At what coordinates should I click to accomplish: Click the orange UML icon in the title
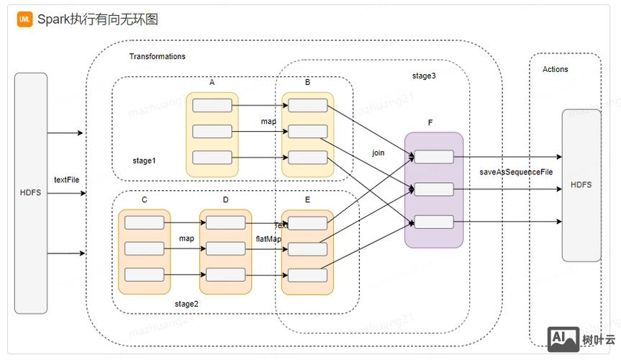tap(25, 19)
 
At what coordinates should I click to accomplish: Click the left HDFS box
tap(31, 193)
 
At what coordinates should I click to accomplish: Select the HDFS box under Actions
tap(581, 185)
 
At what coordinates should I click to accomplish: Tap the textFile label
tap(66, 179)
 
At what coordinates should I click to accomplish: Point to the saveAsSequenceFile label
tap(516, 172)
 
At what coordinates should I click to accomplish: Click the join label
tap(378, 153)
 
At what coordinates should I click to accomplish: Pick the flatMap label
tap(268, 238)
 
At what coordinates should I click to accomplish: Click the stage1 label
tap(144, 160)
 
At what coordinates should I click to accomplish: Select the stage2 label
tap(186, 304)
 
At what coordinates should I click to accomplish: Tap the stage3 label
tap(423, 76)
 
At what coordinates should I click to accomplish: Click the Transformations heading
tap(157, 56)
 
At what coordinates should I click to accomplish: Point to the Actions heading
tap(555, 69)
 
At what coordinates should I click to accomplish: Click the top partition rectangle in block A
tap(212, 106)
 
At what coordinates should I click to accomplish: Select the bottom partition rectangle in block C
tap(145, 274)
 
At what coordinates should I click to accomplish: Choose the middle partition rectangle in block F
tap(434, 189)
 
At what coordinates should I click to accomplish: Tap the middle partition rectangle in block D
tap(225, 248)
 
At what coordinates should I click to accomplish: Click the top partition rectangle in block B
tap(308, 106)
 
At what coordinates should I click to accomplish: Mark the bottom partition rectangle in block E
tap(308, 275)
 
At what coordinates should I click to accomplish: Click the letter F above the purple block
tap(430, 123)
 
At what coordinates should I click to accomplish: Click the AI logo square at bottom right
tap(563, 339)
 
